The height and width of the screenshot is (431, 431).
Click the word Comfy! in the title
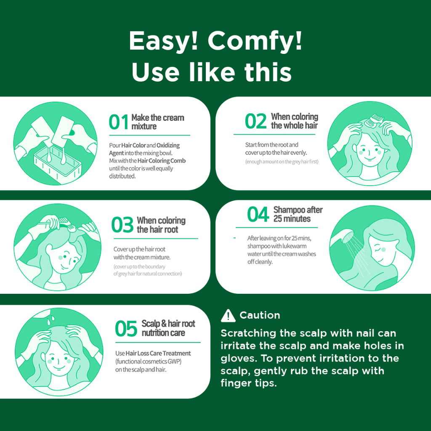point(255,41)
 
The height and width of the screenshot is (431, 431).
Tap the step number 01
point(118,122)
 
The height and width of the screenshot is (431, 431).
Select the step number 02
point(255,121)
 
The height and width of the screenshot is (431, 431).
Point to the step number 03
point(122,225)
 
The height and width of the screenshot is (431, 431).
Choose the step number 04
point(258,214)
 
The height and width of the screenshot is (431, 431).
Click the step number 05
point(126,328)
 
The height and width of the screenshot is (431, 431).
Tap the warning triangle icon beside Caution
point(228,316)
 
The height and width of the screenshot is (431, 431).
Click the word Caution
point(260,315)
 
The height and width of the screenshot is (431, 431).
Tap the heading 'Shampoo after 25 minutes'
point(298,214)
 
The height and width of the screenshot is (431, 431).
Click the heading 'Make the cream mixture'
point(158,122)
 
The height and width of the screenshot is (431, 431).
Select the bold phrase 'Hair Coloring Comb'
point(162,160)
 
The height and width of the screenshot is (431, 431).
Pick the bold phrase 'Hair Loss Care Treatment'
point(158,353)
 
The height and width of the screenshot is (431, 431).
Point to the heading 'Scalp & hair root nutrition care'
point(168,328)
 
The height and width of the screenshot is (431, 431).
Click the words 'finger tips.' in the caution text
point(248,383)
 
